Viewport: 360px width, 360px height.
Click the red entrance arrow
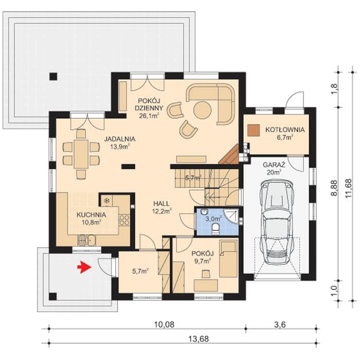(x=84, y=267)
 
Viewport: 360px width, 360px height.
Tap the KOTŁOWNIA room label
(x=285, y=130)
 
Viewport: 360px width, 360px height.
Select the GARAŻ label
(x=274, y=165)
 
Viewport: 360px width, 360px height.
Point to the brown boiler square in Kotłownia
(x=254, y=131)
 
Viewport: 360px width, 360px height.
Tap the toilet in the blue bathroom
(x=216, y=229)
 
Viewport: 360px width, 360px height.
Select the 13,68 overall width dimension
(x=199, y=338)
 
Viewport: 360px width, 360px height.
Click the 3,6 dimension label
(x=280, y=325)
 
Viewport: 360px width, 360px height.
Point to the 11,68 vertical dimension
(x=348, y=188)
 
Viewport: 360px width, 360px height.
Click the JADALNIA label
(x=120, y=139)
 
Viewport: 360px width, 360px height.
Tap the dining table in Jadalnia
(x=81, y=154)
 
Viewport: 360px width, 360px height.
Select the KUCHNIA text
(x=91, y=215)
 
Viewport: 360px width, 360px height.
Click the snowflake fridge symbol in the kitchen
(x=106, y=201)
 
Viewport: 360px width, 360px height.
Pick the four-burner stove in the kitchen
(x=124, y=220)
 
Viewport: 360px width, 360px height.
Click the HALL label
(x=161, y=204)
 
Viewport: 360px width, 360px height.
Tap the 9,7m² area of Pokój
(x=203, y=261)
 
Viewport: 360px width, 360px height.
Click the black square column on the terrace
(x=53, y=76)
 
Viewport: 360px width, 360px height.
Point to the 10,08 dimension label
(x=164, y=325)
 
